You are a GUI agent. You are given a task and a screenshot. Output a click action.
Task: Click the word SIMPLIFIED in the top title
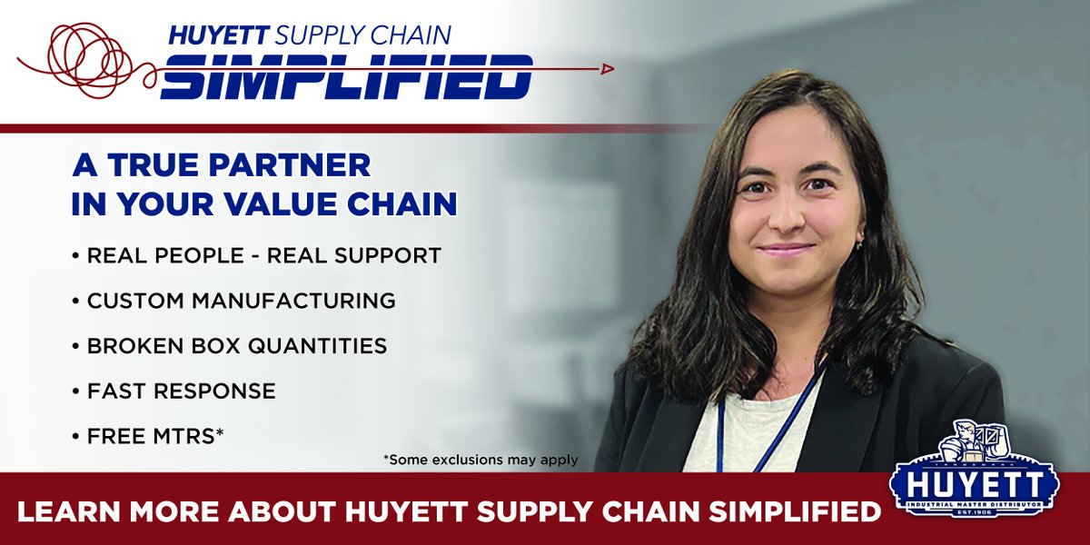tap(346, 77)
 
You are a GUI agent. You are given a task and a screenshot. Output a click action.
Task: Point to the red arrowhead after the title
tap(608, 68)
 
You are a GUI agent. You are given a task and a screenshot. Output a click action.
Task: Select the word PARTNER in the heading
tap(300, 166)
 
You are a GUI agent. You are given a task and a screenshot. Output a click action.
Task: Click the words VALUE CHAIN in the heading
tap(363, 204)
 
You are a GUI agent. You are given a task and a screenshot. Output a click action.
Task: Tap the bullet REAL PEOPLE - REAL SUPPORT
tap(263, 256)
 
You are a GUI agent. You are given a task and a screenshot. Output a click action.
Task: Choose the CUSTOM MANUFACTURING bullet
tap(241, 301)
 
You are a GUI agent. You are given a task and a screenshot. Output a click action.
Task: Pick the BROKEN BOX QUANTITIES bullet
tap(236, 346)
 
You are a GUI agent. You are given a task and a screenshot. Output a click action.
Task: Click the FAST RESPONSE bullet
tap(181, 391)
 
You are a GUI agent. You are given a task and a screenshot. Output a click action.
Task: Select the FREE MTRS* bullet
tap(155, 436)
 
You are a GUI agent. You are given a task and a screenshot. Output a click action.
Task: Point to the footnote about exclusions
tap(481, 460)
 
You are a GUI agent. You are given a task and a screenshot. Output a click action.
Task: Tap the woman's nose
tap(784, 218)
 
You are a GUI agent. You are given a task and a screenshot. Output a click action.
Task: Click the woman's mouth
tap(787, 250)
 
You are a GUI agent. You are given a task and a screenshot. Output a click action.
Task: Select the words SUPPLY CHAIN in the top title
tap(363, 35)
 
